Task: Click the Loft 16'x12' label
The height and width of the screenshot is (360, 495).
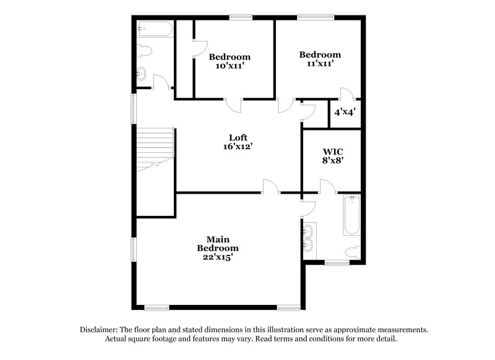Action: click(x=238, y=142)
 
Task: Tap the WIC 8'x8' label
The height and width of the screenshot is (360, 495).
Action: click(x=333, y=155)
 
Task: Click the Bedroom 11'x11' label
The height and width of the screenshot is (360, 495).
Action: click(x=319, y=58)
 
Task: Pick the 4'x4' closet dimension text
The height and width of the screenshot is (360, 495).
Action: click(x=344, y=113)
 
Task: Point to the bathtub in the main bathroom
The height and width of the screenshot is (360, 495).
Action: click(x=351, y=216)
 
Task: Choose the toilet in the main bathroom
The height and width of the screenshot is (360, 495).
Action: click(x=353, y=251)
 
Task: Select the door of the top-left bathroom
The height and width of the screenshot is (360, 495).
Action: click(x=161, y=82)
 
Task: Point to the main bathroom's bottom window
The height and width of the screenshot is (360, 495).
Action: click(x=337, y=263)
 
